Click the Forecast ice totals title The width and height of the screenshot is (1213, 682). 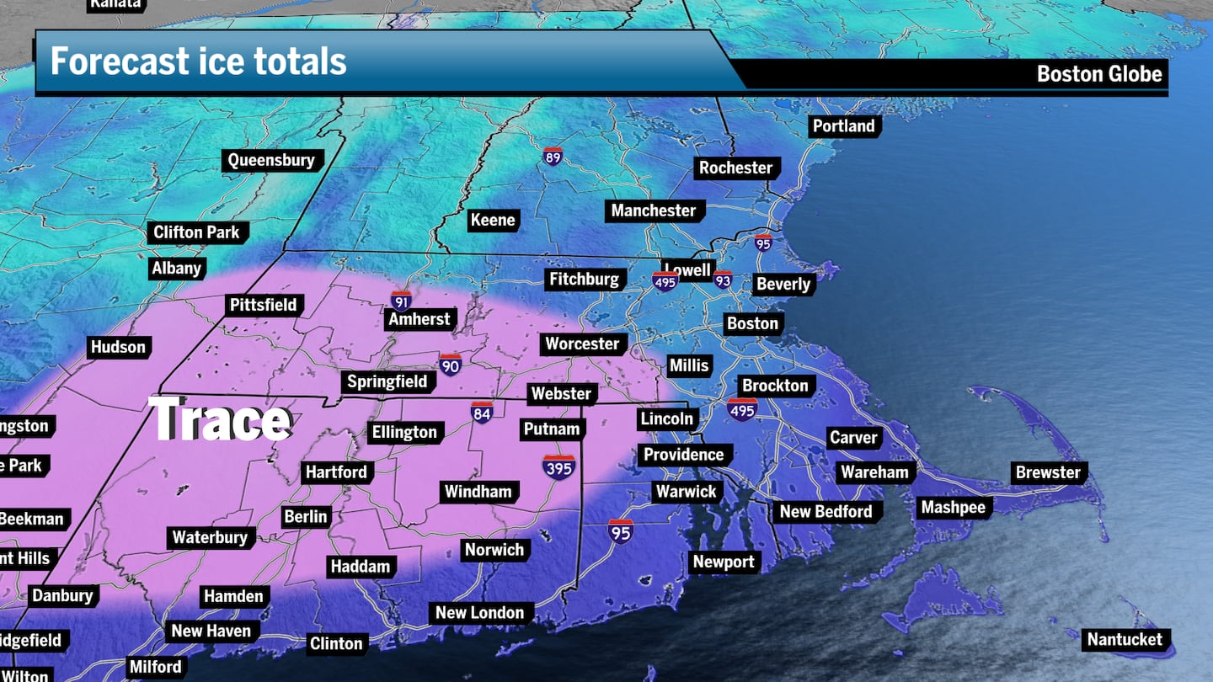click(x=199, y=62)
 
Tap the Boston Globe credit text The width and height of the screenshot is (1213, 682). click(x=1099, y=74)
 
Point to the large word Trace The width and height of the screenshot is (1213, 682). click(x=221, y=419)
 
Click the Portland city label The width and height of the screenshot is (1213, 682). click(x=843, y=126)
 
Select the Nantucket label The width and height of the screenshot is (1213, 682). click(x=1125, y=640)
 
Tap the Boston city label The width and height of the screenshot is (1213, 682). click(x=752, y=323)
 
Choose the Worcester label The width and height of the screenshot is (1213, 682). click(x=582, y=344)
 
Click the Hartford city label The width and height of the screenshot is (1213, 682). click(x=336, y=472)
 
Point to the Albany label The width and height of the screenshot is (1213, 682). click(x=176, y=269)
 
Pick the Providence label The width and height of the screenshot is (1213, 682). click(x=683, y=455)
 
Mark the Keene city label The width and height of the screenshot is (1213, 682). click(x=492, y=220)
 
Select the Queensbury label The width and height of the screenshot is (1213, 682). click(x=271, y=160)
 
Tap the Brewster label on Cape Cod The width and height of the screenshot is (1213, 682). click(x=1048, y=472)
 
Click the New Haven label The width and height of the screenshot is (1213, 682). click(x=211, y=631)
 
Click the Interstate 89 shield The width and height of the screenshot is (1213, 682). click(x=553, y=156)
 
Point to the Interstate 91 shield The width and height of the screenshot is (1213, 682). click(x=401, y=301)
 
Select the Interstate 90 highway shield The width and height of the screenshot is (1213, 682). click(x=451, y=365)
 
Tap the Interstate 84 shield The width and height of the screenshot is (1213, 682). click(x=482, y=412)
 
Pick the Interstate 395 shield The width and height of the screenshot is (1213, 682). click(x=559, y=467)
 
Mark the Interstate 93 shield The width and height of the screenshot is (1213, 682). click(x=723, y=280)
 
